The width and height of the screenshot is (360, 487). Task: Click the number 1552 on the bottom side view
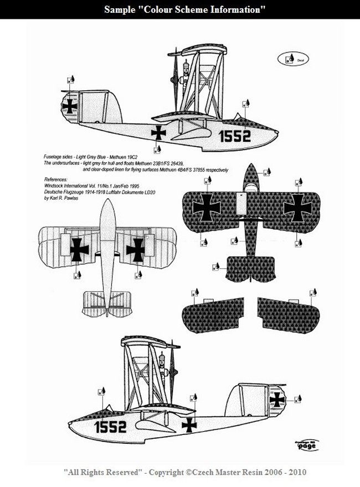click(x=110, y=426)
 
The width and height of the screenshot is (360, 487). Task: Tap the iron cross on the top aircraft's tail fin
click(x=70, y=106)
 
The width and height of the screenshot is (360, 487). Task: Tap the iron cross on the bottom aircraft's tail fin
click(x=277, y=400)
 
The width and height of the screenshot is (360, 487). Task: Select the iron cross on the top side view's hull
click(x=159, y=132)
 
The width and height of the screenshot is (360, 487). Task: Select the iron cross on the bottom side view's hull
click(x=189, y=424)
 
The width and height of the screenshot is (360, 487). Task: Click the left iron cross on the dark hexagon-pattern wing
click(x=206, y=206)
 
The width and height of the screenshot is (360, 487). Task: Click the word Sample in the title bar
click(x=122, y=10)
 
